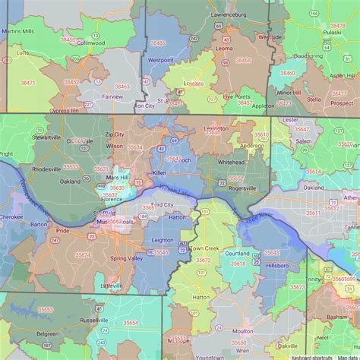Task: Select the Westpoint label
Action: pos(160,59)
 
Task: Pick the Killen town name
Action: pos(159,173)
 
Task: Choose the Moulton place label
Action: pos(243,332)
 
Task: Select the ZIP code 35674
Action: pos(83,255)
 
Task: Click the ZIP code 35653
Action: pos(46,310)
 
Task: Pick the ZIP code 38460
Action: pos(288,73)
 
